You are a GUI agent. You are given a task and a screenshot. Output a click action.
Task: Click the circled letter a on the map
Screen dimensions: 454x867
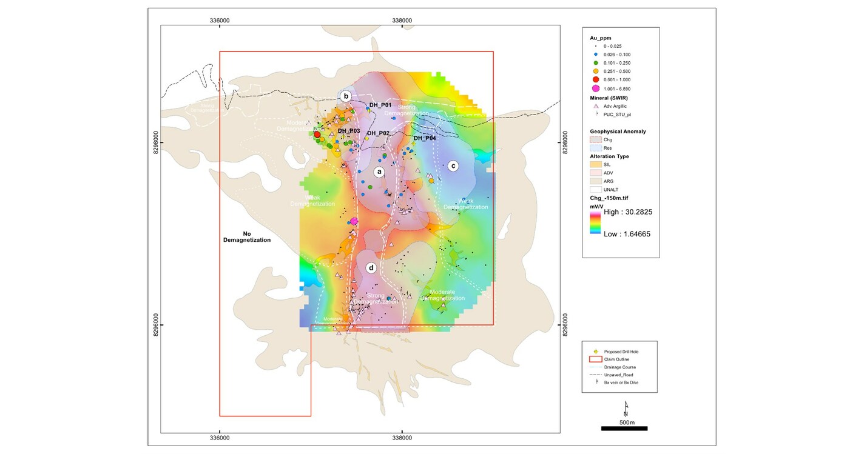379,172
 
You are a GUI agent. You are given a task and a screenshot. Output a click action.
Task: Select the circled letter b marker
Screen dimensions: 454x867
346,96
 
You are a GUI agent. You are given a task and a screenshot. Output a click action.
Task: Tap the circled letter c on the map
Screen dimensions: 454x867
453,165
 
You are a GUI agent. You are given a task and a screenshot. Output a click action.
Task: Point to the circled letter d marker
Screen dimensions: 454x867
371,267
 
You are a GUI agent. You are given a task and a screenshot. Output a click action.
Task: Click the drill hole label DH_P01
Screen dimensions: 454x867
380,105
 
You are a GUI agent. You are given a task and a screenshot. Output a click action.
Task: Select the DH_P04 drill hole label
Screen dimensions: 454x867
425,138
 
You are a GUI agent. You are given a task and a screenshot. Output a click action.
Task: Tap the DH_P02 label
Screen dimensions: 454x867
378,133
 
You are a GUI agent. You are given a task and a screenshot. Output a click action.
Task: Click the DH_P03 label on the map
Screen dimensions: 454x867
349,131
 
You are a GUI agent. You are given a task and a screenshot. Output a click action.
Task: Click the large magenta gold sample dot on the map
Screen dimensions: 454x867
354,222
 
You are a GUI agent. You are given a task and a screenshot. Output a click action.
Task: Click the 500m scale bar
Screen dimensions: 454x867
624,429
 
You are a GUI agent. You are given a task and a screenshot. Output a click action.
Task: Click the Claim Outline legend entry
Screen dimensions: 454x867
615,359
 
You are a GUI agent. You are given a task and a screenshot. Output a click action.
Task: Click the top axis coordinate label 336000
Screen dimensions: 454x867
219,20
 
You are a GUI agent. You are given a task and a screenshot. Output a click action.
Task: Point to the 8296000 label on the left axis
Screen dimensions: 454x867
156,325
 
